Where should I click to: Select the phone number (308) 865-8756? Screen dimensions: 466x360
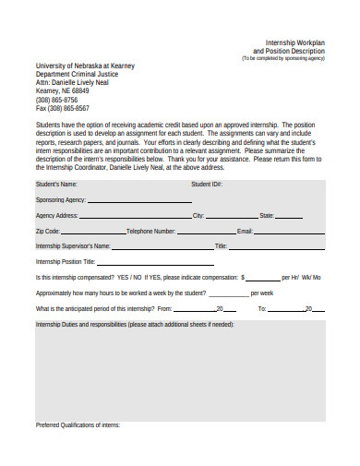(56, 100)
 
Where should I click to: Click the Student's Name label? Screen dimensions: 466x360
(56, 185)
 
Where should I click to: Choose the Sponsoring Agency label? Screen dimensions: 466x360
(60, 199)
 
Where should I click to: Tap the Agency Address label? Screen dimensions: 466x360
(56, 215)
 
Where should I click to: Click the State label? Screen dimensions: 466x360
(267, 215)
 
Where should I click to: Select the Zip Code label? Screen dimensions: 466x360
(48, 231)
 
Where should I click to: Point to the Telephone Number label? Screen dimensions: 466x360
(150, 231)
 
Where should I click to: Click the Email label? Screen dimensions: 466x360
(245, 231)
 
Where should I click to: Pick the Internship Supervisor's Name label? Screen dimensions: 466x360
(73, 246)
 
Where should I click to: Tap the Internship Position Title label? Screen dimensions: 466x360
(68, 262)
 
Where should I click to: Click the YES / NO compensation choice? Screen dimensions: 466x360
(129, 277)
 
